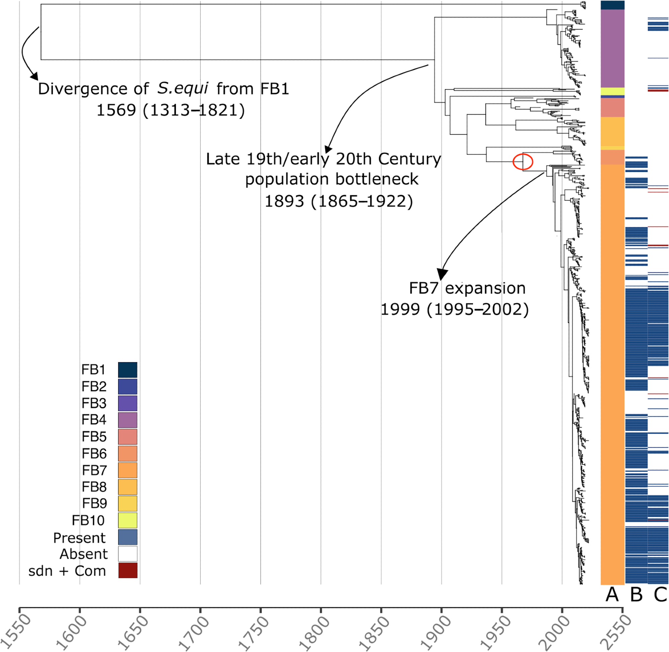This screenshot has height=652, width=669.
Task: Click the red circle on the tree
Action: [x=523, y=162]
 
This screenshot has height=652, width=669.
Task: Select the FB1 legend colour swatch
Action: [x=128, y=370]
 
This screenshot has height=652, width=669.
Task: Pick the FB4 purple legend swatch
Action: [x=128, y=420]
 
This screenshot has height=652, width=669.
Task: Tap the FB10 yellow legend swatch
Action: [x=128, y=520]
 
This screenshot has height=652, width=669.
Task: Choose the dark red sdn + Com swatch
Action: [x=128, y=570]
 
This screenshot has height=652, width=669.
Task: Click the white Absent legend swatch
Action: [x=128, y=554]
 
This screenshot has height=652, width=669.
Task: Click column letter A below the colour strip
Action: [x=612, y=594]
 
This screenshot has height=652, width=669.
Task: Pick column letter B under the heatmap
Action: [x=636, y=594]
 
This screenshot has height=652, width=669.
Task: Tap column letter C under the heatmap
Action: [x=660, y=594]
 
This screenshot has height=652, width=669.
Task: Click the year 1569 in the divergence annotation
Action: [x=116, y=110]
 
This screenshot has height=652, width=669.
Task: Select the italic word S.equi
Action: [x=183, y=88]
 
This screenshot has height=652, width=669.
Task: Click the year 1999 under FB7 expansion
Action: [x=400, y=310]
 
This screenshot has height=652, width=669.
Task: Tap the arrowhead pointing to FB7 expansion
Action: [x=442, y=275]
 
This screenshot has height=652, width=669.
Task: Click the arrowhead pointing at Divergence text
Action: [x=34, y=76]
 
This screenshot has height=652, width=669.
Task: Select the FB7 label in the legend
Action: [x=94, y=470]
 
